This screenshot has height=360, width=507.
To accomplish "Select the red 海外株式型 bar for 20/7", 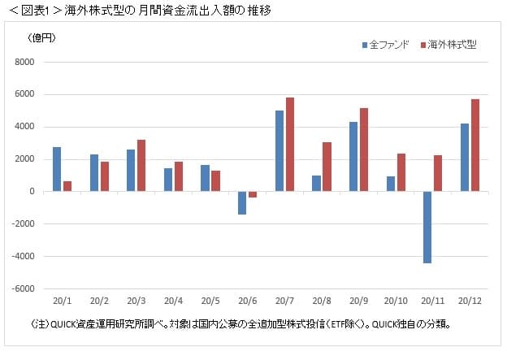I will click(x=290, y=145).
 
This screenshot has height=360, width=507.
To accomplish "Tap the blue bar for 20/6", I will click(x=241, y=202).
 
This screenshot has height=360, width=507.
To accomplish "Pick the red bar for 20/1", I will click(x=67, y=186).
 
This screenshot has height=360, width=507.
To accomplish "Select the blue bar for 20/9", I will click(x=353, y=157).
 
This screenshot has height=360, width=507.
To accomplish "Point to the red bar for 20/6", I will click(x=253, y=194).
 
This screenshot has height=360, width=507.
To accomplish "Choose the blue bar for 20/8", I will click(x=316, y=183).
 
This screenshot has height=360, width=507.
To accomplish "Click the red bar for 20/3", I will click(x=141, y=165).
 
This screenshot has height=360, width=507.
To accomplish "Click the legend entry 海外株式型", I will click(x=451, y=44).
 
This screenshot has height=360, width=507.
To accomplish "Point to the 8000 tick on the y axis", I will click(x=23, y=62).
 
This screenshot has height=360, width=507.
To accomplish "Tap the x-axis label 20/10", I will click(x=396, y=301).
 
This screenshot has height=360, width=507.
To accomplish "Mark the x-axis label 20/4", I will click(x=173, y=301).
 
